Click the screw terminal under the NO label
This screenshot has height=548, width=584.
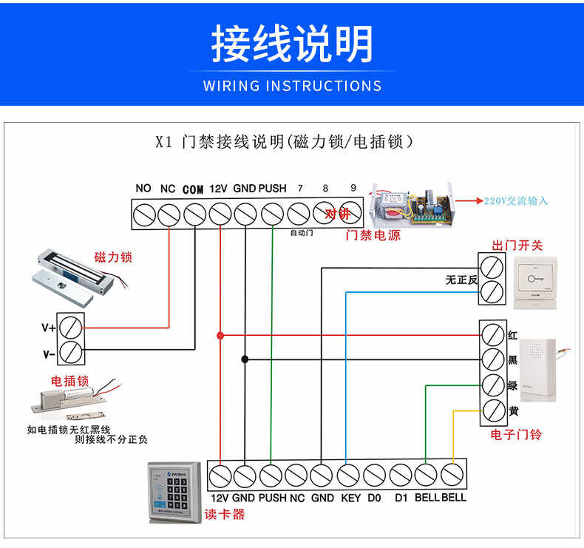tap(143, 214)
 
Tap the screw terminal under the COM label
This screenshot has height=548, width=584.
tap(194, 214)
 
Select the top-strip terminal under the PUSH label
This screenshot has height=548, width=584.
tap(272, 214)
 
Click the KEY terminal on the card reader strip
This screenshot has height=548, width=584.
tap(348, 474)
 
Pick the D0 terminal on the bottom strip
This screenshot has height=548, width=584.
tap(374, 474)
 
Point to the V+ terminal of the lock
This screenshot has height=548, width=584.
tap(71, 325)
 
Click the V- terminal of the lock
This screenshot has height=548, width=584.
tap(71, 353)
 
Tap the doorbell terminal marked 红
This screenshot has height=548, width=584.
tap(492, 334)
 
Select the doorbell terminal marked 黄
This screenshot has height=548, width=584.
tap(492, 410)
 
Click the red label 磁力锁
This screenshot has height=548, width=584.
tap(113, 257)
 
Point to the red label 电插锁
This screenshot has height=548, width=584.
tap(69, 381)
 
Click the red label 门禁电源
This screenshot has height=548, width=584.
tap(373, 236)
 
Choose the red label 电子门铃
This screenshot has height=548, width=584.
tap(516, 434)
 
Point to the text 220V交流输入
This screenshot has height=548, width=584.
tap(517, 200)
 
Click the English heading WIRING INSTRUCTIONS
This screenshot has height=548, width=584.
tap(292, 86)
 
